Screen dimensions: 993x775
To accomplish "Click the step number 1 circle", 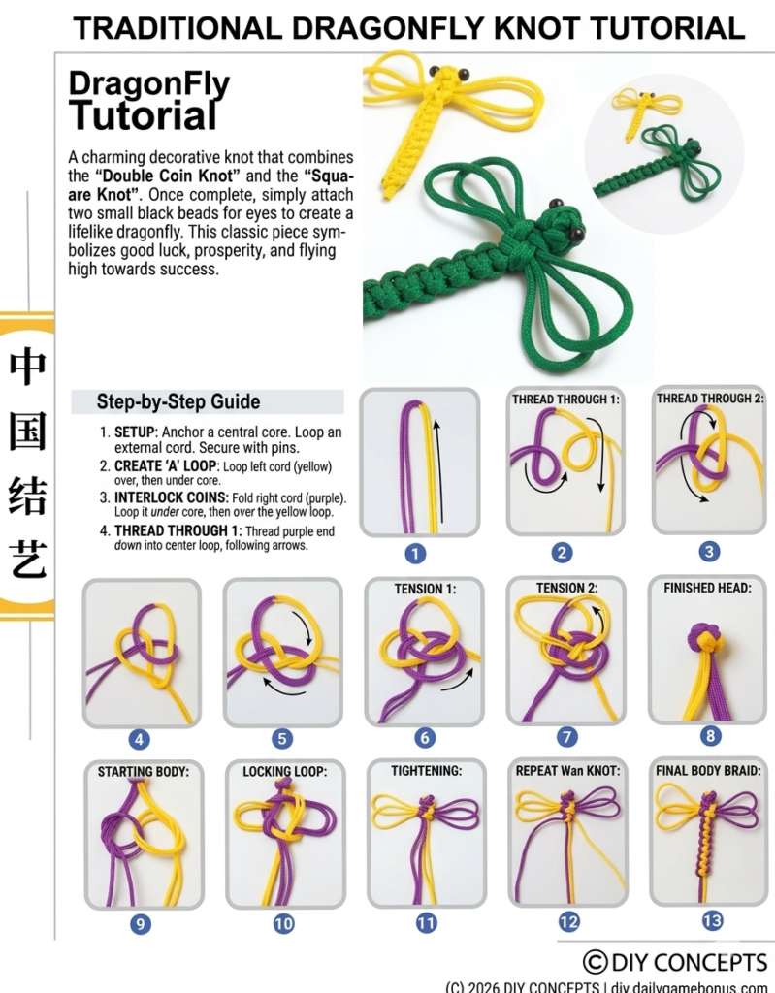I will click(x=415, y=554).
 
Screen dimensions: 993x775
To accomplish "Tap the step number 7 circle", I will click(x=566, y=737).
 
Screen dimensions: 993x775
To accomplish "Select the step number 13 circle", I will click(x=711, y=920).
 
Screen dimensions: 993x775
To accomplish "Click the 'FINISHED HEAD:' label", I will click(x=709, y=588).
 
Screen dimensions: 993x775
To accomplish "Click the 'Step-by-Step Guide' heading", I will click(x=178, y=401).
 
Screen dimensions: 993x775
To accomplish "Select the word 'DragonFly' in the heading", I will click(x=148, y=85).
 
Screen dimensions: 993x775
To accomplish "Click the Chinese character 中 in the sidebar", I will click(x=27, y=367).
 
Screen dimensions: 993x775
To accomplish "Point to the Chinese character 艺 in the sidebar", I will click(x=27, y=561).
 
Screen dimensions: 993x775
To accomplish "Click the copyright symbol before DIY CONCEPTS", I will click(x=596, y=962).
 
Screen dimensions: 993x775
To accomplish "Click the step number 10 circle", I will click(x=283, y=924).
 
